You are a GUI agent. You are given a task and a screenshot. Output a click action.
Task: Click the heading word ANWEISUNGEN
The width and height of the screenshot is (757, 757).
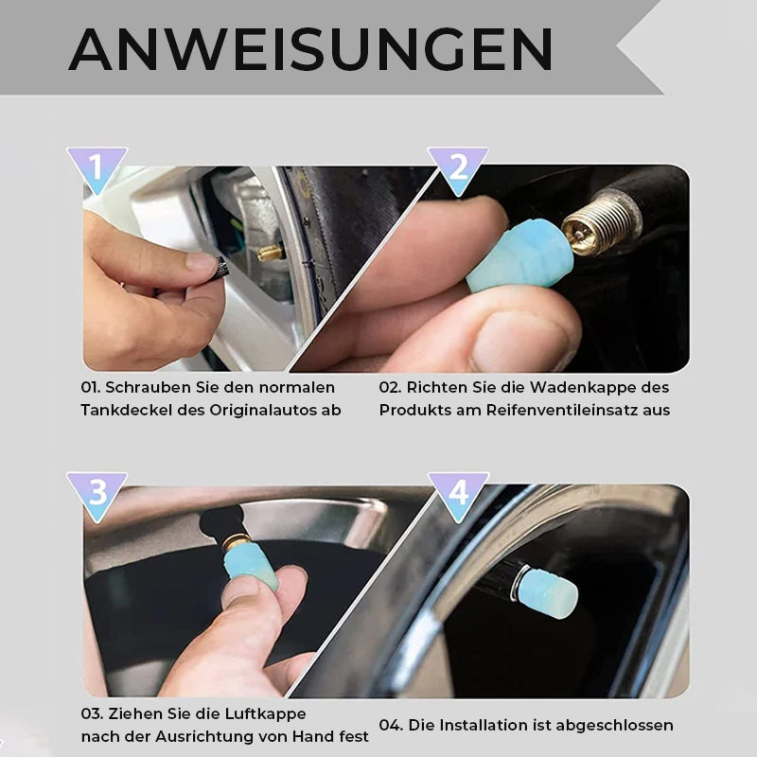310,49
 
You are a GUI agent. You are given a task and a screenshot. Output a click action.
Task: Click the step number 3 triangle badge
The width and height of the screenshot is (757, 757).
97,492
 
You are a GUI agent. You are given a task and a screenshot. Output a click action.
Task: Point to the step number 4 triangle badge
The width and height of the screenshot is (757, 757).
458,492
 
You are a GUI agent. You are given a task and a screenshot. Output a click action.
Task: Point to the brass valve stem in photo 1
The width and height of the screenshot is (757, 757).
270,253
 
